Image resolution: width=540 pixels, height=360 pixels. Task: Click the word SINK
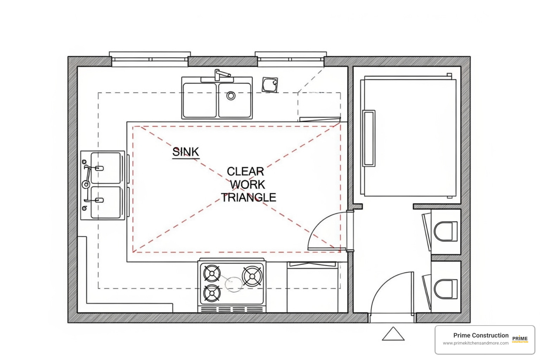186,152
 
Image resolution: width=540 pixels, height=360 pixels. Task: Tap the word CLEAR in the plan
245,172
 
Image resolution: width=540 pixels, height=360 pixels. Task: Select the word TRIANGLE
248,198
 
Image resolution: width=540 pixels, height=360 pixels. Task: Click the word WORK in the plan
247,185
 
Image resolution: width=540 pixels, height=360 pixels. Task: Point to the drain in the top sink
231,96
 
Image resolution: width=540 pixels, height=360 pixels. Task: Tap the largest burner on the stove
252,276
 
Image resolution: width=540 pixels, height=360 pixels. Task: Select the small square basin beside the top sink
270,85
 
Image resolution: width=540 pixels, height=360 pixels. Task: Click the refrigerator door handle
369,139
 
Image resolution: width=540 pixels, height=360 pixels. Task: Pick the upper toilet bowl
446,231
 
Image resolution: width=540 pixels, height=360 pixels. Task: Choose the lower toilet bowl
446,289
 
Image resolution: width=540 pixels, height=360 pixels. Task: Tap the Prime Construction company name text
481,335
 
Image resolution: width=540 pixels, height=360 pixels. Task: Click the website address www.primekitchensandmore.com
476,343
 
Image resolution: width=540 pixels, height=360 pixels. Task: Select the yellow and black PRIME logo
520,339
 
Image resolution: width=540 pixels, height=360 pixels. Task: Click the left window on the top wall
150,59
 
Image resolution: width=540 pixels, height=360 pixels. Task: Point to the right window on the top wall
291,59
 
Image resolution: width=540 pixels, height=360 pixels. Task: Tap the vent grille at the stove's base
232,309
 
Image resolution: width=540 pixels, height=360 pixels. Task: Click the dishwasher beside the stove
313,287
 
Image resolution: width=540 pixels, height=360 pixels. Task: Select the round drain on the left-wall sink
86,185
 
